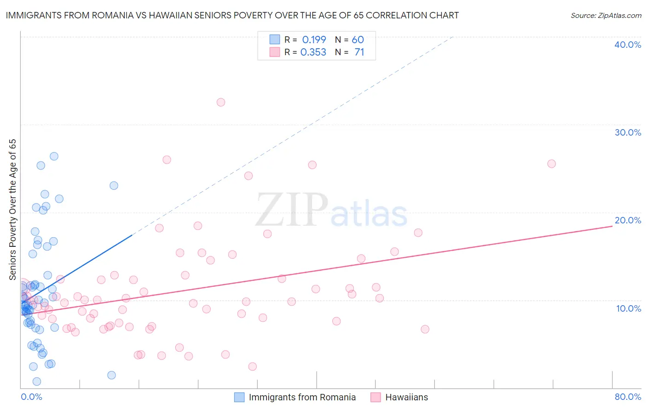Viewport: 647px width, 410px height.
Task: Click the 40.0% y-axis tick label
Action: pyautogui.click(x=628, y=45)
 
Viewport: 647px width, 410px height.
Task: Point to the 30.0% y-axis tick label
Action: pyautogui.click(x=628, y=132)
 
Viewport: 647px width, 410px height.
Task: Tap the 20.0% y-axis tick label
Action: pyautogui.click(x=628, y=220)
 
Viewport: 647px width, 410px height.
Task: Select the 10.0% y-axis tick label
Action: pyautogui.click(x=629, y=308)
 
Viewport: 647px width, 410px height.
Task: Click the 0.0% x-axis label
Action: pyautogui.click(x=31, y=397)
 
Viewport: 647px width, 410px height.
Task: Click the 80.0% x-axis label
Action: pyautogui.click(x=628, y=397)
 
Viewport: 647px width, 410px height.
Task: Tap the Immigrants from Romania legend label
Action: pyautogui.click(x=302, y=397)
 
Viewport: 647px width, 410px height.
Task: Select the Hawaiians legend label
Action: pyautogui.click(x=406, y=397)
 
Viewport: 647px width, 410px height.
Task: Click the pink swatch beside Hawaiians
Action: pyautogui.click(x=375, y=397)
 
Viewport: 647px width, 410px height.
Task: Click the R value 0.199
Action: pyautogui.click(x=314, y=40)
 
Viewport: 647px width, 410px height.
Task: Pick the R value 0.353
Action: pyautogui.click(x=313, y=52)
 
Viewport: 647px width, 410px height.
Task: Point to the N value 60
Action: pyautogui.click(x=358, y=40)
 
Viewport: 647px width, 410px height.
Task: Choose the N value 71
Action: pyautogui.click(x=359, y=52)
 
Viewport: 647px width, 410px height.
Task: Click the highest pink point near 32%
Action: pyautogui.click(x=221, y=102)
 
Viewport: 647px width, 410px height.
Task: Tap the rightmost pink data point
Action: pyautogui.click(x=551, y=164)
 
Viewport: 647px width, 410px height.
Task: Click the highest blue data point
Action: pyautogui.click(x=54, y=156)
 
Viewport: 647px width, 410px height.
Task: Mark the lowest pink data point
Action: pyautogui.click(x=252, y=366)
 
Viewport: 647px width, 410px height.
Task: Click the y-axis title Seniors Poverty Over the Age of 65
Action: pyautogui.click(x=12, y=210)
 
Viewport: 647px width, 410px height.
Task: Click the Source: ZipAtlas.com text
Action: pyautogui.click(x=606, y=16)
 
